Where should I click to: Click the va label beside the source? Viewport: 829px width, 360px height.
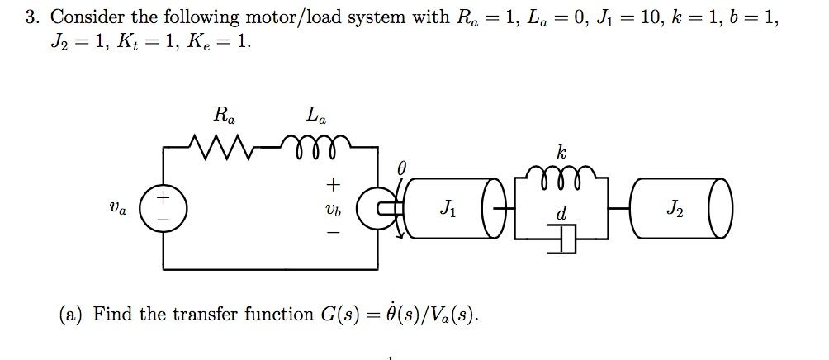click(119, 210)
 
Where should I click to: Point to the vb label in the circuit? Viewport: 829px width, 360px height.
click(334, 210)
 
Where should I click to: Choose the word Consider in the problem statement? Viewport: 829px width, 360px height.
click(87, 17)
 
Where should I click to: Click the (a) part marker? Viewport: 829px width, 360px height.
click(71, 315)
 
